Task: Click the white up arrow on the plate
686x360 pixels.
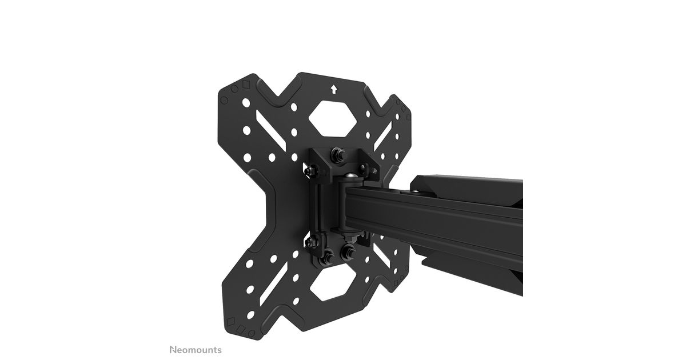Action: (x=334, y=89)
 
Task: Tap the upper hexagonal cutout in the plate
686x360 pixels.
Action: (x=333, y=118)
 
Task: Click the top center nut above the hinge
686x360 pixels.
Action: (x=338, y=153)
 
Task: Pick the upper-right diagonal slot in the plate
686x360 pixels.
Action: (x=383, y=136)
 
